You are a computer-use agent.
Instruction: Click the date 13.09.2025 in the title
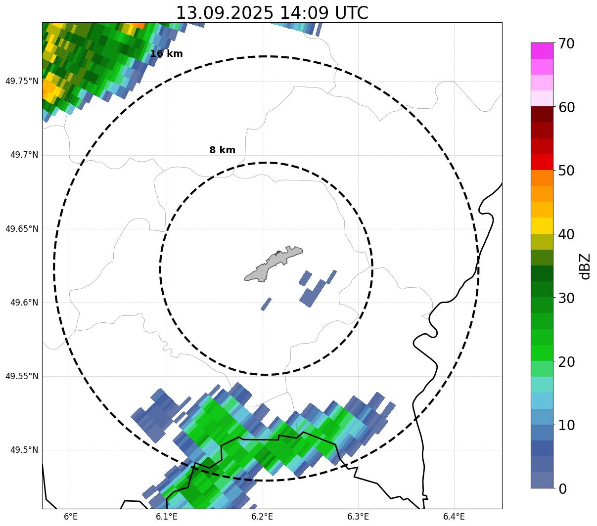tap(224, 13)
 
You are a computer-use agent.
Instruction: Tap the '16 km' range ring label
tap(166, 54)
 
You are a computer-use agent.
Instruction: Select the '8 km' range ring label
tap(222, 150)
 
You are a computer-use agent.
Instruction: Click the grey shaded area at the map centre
tap(272, 265)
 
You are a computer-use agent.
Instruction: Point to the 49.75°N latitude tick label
tap(21, 81)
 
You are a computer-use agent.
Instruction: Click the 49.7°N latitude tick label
tap(24, 155)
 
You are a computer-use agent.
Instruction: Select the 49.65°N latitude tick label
tap(21, 229)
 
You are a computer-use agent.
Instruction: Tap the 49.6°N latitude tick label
tap(24, 303)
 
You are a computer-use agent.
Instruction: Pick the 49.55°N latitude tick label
tap(21, 376)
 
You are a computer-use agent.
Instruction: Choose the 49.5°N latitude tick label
tap(24, 450)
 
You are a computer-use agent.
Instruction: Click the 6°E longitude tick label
tap(71, 517)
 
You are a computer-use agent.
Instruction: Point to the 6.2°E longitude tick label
tap(262, 517)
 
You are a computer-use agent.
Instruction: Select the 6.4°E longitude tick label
tap(454, 517)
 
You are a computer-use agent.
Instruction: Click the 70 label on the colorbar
tap(566, 44)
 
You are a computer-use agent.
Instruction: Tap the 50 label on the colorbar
tap(566, 171)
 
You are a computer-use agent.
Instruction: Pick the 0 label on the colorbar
tap(562, 488)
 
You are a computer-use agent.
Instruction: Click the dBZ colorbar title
tap(586, 266)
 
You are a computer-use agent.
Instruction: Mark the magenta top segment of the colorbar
tap(542, 51)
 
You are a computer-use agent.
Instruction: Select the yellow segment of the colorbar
tap(542, 225)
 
